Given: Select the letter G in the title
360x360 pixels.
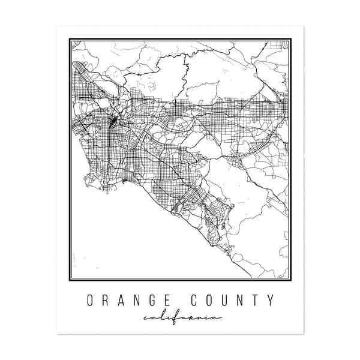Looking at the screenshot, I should [156, 301].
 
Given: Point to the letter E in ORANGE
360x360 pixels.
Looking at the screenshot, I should [173, 301].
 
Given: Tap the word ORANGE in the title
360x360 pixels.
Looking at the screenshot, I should [131, 301].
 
